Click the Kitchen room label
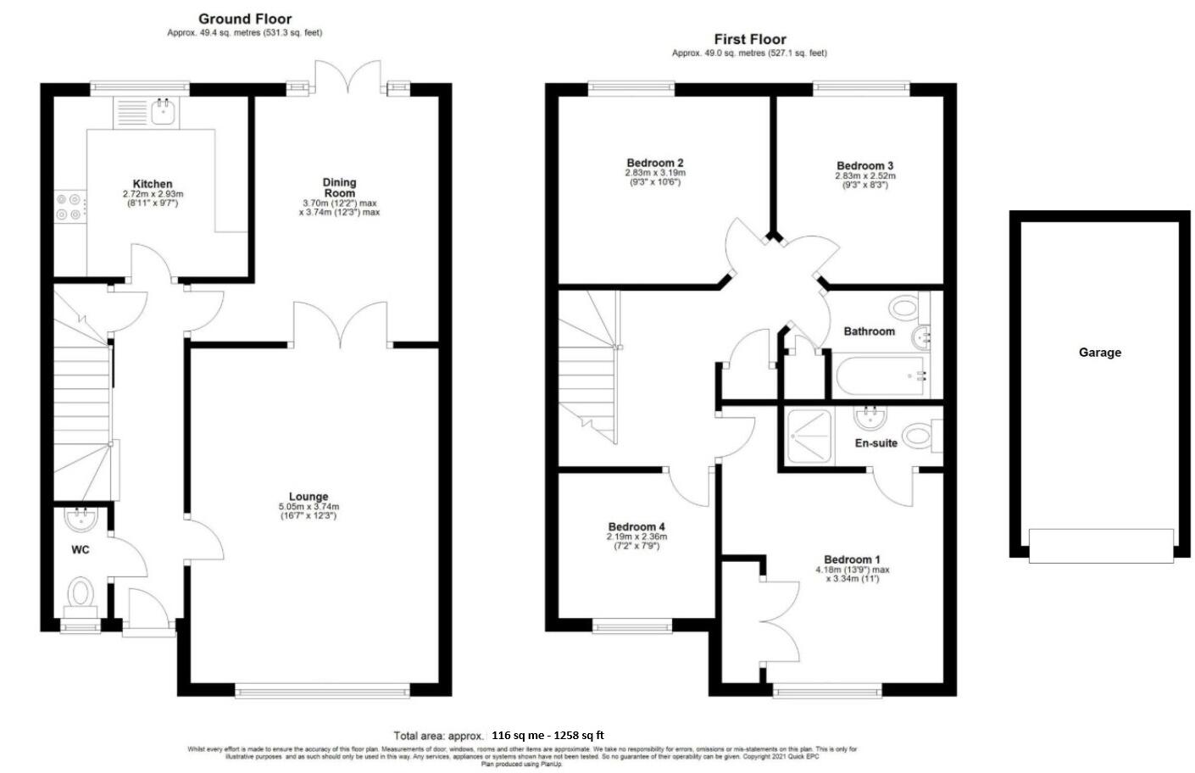(153, 184)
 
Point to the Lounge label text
(308, 497)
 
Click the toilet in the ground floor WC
(82, 592)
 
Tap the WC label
(80, 550)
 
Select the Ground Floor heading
(245, 19)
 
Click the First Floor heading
(749, 39)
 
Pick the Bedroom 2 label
(655, 163)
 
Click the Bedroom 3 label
(864, 166)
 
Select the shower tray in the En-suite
(809, 437)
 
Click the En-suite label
(875, 442)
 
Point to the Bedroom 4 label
(636, 526)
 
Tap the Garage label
(1099, 353)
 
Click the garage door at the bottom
(1101, 545)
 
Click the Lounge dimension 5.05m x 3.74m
(308, 507)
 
